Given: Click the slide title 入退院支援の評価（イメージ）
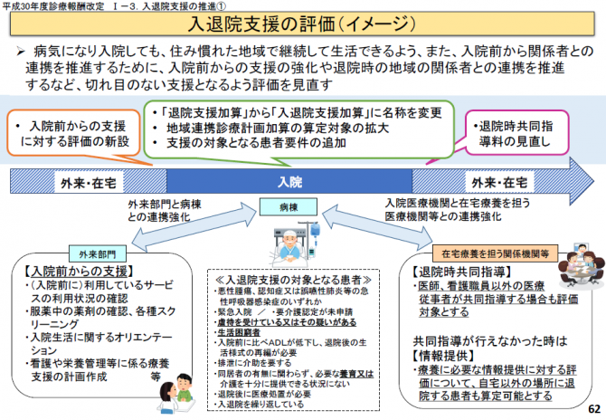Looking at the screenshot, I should (302, 25).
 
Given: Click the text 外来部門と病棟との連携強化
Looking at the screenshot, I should (166, 211).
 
